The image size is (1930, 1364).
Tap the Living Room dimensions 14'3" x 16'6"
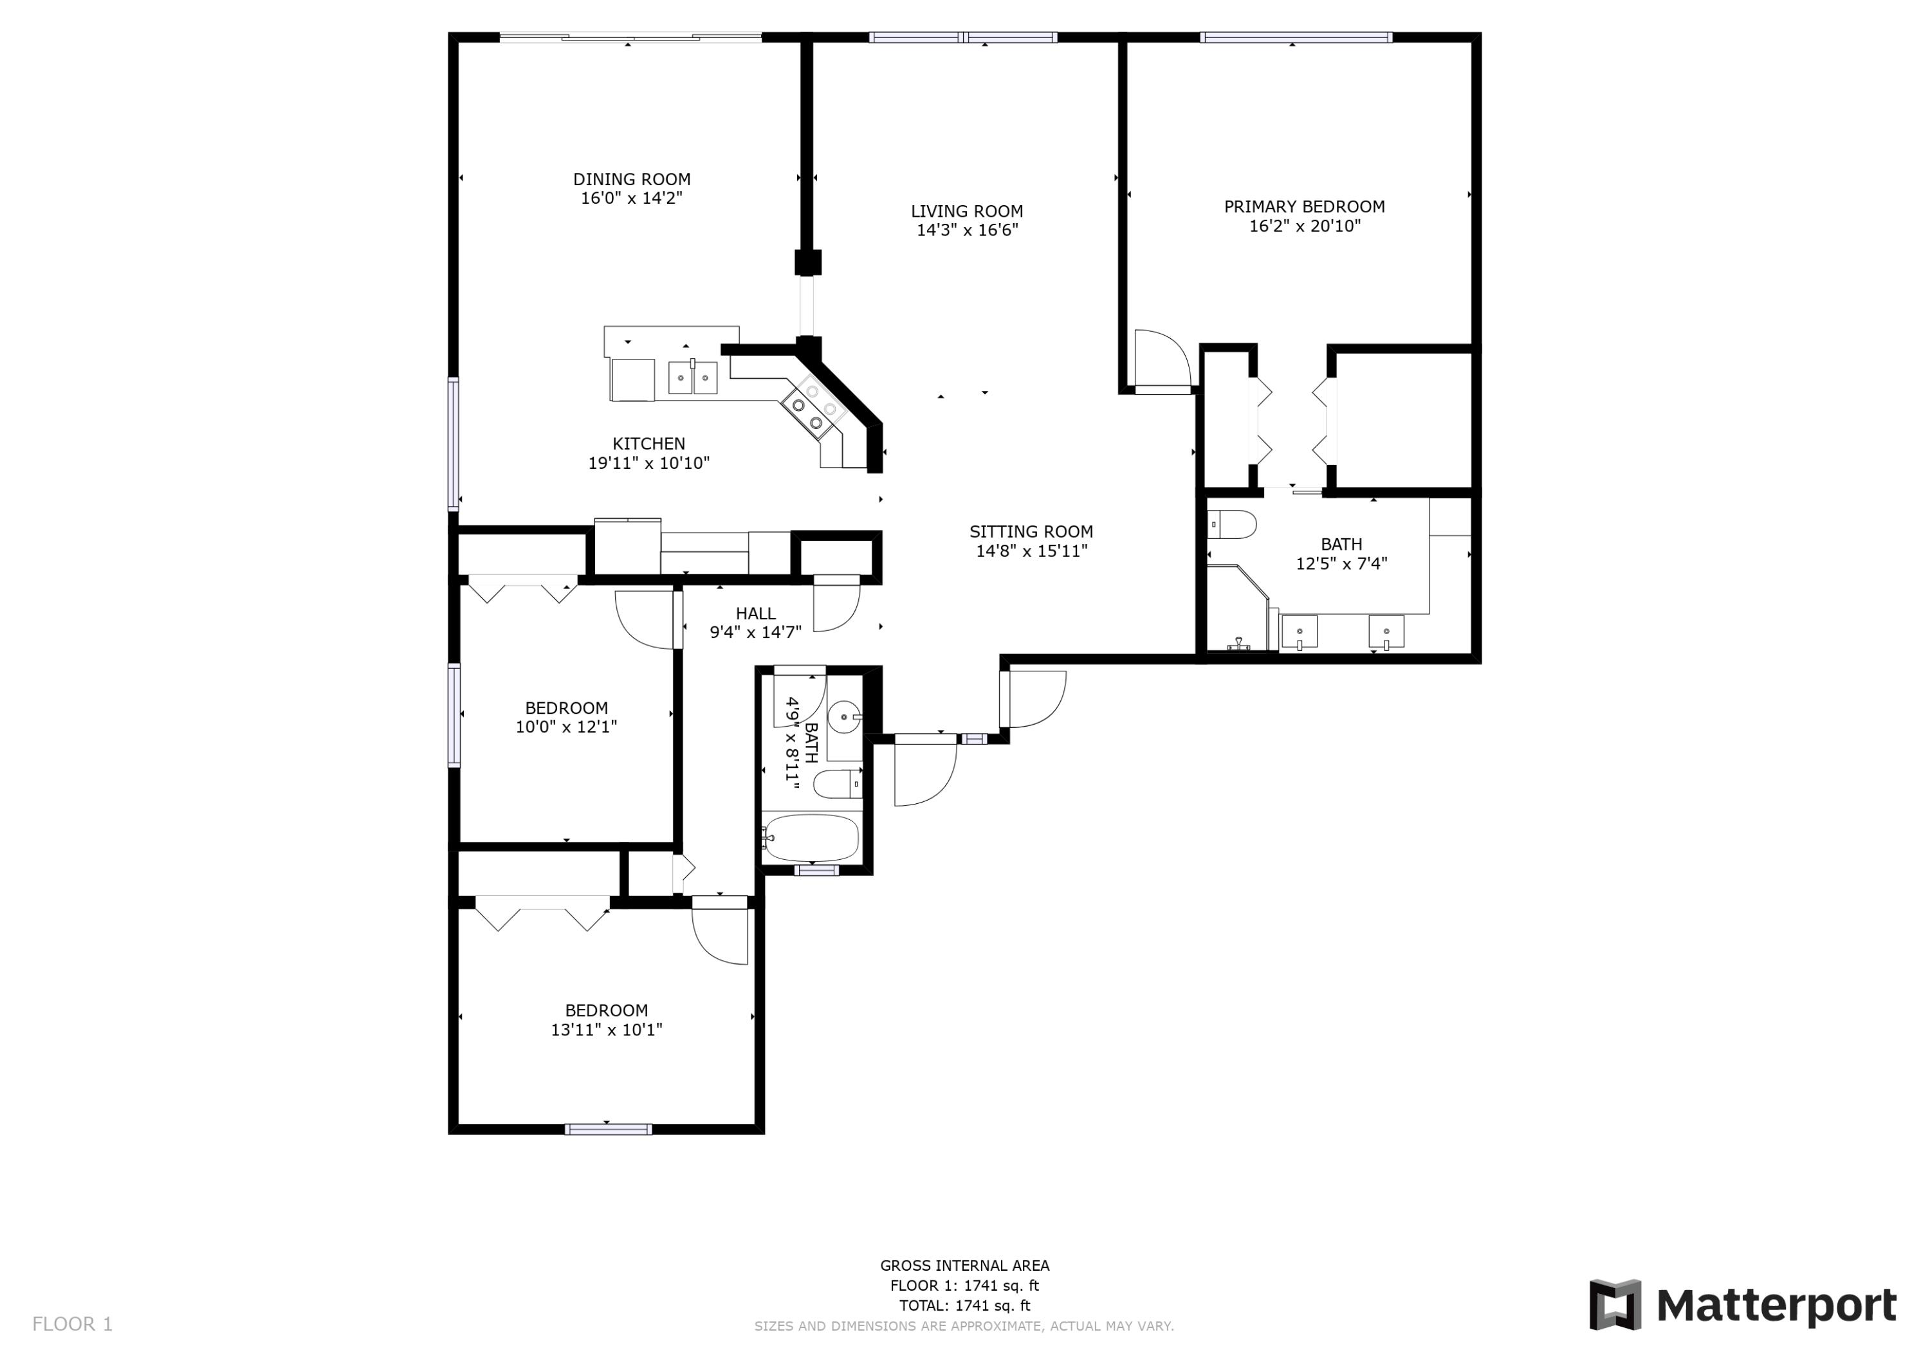pyautogui.click(x=967, y=230)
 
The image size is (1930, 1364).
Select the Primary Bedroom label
pyautogui.click(x=1304, y=206)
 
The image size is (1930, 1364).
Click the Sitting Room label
pyautogui.click(x=1031, y=532)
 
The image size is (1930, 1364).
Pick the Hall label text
pyautogui.click(x=756, y=614)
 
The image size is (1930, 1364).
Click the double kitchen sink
pyautogui.click(x=693, y=378)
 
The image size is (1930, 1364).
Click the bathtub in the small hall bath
pyautogui.click(x=811, y=838)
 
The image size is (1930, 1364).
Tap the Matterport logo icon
pyautogui.click(x=1615, y=1305)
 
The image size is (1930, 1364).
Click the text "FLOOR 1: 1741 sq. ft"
pyautogui.click(x=964, y=1286)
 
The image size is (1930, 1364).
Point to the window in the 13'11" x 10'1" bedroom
pyautogui.click(x=608, y=1129)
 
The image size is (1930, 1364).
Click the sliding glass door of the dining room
pyautogui.click(x=630, y=37)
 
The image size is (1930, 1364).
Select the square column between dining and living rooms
pyautogui.click(x=808, y=263)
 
